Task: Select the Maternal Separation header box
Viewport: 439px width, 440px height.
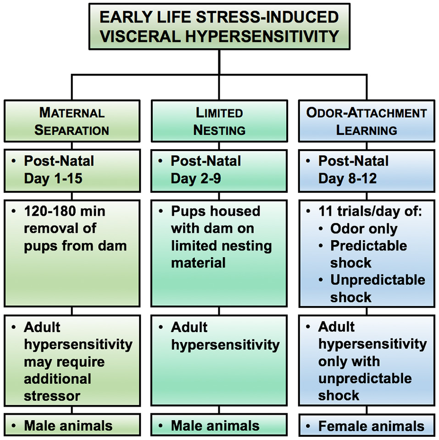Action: [x=72, y=121]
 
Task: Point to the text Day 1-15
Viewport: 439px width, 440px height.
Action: [x=53, y=178]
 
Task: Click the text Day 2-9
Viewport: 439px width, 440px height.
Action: [x=196, y=178]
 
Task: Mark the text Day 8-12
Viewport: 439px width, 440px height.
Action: [x=347, y=178]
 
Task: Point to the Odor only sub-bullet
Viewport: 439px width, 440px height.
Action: [x=364, y=228]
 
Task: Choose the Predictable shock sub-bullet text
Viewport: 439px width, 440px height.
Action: [x=368, y=254]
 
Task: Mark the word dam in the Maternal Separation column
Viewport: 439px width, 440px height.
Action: [x=114, y=246]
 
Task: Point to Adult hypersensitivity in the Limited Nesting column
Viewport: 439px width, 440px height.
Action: [x=225, y=336]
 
